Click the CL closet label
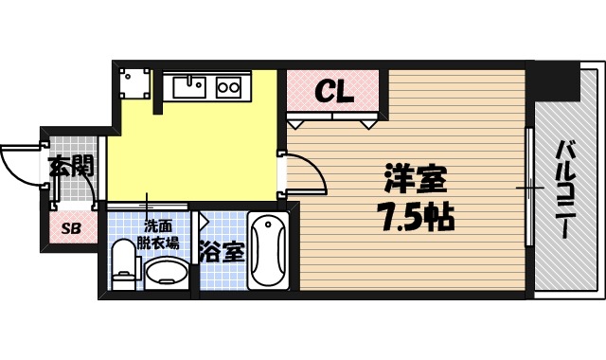click(333, 92)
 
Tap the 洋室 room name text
click(414, 179)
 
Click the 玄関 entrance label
click(71, 168)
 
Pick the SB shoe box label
click(71, 228)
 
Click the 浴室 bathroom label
click(222, 253)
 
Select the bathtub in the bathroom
click(271, 252)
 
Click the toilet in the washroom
click(123, 264)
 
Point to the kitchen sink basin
click(190, 87)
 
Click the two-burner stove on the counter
click(230, 87)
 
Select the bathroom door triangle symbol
click(204, 224)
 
